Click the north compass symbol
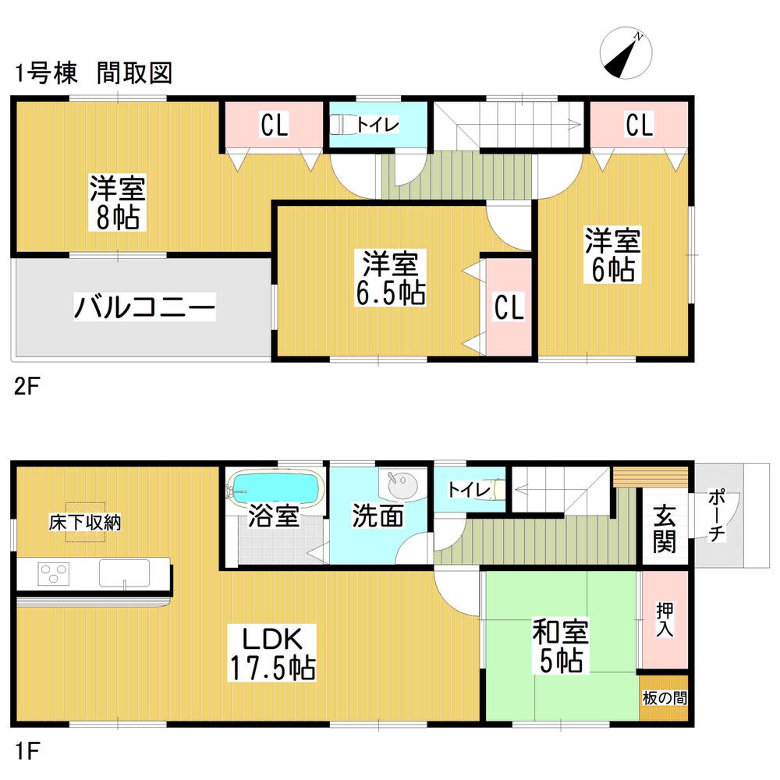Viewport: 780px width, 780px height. [x=626, y=55]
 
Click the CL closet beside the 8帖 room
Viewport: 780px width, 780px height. [x=274, y=125]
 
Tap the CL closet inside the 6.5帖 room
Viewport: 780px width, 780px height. [x=509, y=307]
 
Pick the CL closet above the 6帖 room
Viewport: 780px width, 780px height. [x=639, y=125]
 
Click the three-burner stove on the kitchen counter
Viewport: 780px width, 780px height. [x=53, y=575]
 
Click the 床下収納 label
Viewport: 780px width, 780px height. [x=85, y=523]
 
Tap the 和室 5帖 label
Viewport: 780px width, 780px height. [x=560, y=647]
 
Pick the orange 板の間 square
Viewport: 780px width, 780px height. [x=665, y=697]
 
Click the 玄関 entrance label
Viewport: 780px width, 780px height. [x=665, y=530]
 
